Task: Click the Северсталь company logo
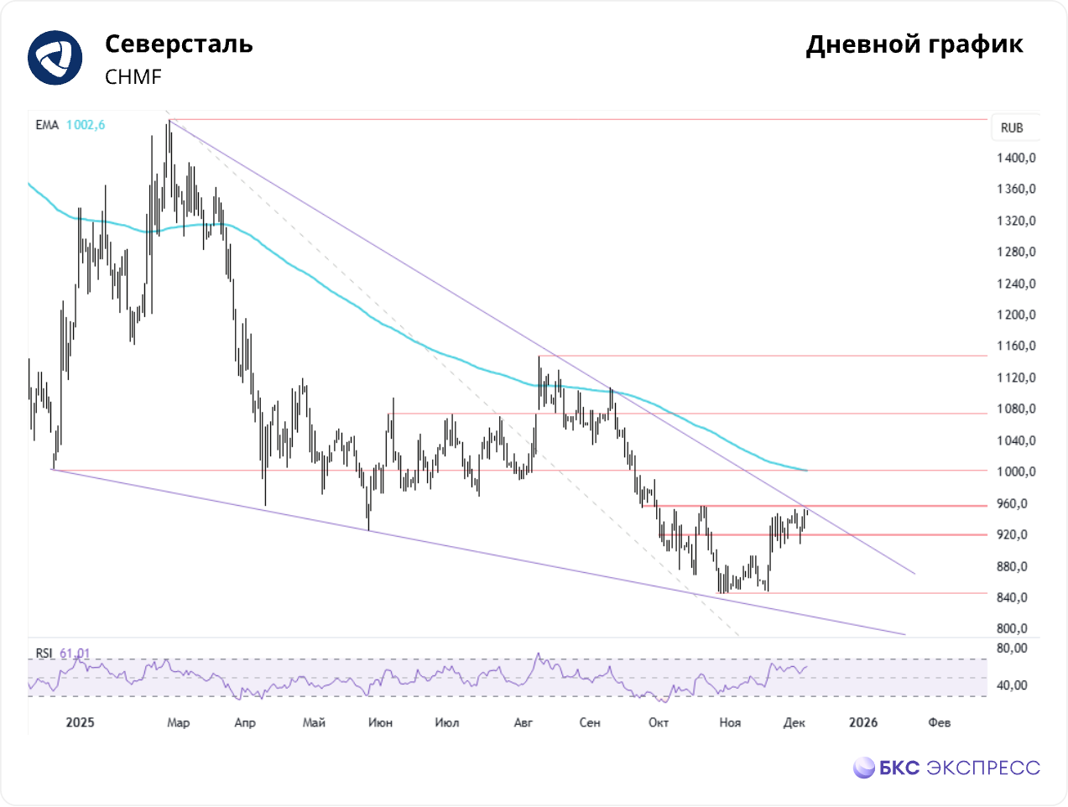pyautogui.click(x=55, y=58)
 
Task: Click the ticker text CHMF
pyautogui.click(x=133, y=77)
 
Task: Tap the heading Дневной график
pyautogui.click(x=914, y=44)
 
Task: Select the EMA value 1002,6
pyautogui.click(x=86, y=125)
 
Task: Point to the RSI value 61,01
pyautogui.click(x=75, y=653)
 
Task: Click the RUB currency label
pyautogui.click(x=1012, y=128)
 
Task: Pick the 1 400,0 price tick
pyautogui.click(x=1016, y=158)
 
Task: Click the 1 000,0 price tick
pyautogui.click(x=1016, y=471)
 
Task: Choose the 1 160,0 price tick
pyautogui.click(x=1016, y=346)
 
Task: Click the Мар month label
pyautogui.click(x=178, y=722)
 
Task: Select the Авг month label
pyautogui.click(x=523, y=722)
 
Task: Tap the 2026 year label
pyautogui.click(x=862, y=722)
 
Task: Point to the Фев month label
pyautogui.click(x=939, y=722)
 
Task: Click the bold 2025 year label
pyautogui.click(x=80, y=722)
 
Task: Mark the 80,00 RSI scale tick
pyautogui.click(x=1012, y=648)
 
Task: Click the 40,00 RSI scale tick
pyautogui.click(x=1012, y=685)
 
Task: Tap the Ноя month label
pyautogui.click(x=730, y=722)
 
